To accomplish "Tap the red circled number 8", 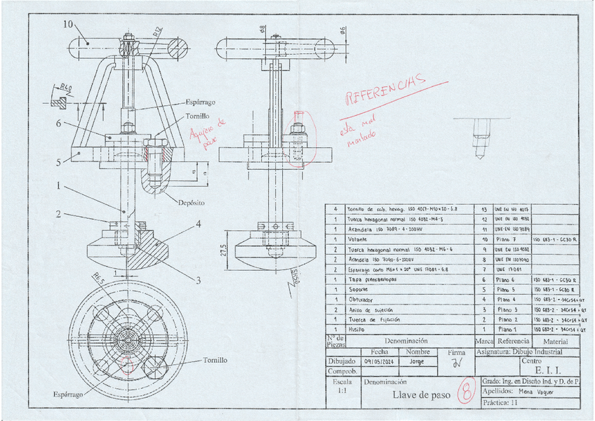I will [x=465, y=392].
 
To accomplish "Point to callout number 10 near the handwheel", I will [x=68, y=24].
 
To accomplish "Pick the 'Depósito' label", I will [x=191, y=202].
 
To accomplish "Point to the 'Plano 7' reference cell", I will [x=509, y=239].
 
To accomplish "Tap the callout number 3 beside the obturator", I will [x=198, y=281].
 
